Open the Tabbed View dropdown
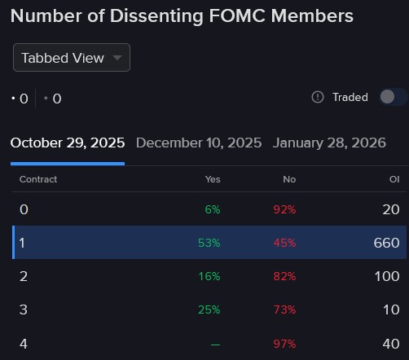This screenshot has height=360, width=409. pyautogui.click(x=71, y=58)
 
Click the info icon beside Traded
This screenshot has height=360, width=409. pyautogui.click(x=318, y=97)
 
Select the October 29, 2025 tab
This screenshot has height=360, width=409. pyautogui.click(x=68, y=143)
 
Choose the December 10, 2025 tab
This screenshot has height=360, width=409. pyautogui.click(x=199, y=143)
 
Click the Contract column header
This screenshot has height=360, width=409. pyautogui.click(x=38, y=179)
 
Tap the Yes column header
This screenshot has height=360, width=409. pyautogui.click(x=213, y=179)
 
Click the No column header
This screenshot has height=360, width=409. pyautogui.click(x=289, y=179)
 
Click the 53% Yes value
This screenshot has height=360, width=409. pyautogui.click(x=209, y=243)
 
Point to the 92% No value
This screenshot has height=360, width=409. pyautogui.click(x=285, y=209)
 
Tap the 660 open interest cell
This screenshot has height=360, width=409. pyautogui.click(x=386, y=243)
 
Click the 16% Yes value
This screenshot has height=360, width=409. pyautogui.click(x=209, y=276)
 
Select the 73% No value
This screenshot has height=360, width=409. pyautogui.click(x=285, y=310)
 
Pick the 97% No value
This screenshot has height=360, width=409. pyautogui.click(x=285, y=344)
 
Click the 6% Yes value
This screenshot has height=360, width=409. pyautogui.click(x=212, y=209)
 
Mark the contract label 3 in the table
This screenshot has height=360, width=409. pyautogui.click(x=24, y=310)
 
